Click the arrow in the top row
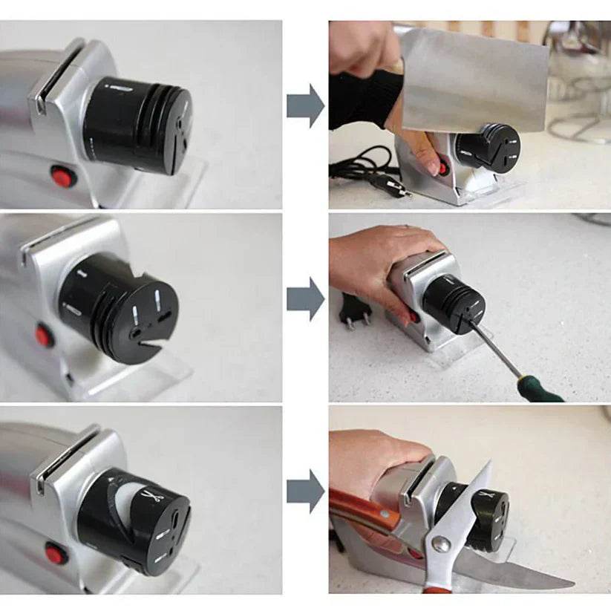[x=305, y=105]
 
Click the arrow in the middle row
[x=305, y=300]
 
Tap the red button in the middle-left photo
[x=44, y=338]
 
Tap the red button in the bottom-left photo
[x=56, y=553]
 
